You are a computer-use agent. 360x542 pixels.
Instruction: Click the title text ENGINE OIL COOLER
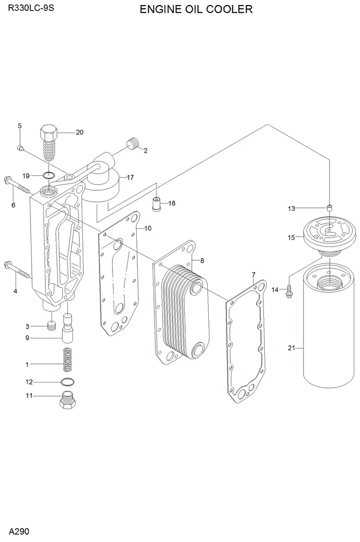pos(196,9)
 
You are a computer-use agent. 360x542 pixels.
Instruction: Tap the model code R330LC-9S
pos(31,8)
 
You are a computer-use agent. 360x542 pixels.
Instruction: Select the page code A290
pos(19,531)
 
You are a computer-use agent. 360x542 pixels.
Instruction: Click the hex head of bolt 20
pos(49,132)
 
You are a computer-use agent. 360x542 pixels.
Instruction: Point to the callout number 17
pos(130,178)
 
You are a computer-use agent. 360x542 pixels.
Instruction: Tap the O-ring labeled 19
pos(49,175)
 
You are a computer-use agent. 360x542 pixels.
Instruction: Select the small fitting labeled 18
pos(157,204)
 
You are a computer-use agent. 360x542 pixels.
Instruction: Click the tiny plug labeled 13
pos(330,208)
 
